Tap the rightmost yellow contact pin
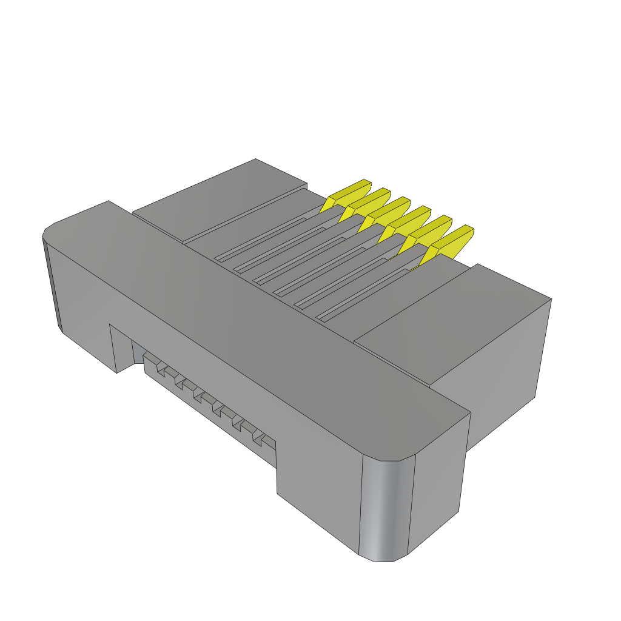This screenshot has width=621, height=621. coord(450,241)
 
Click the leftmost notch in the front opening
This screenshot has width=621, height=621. coord(161,369)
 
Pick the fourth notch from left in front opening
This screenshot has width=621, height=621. coord(217,411)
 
